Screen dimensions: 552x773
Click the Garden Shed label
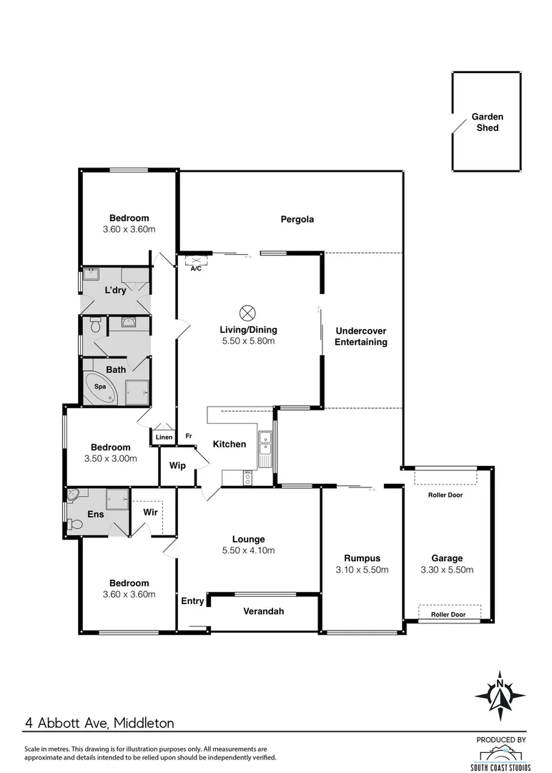(x=487, y=122)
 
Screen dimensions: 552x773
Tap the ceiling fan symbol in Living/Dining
(x=247, y=313)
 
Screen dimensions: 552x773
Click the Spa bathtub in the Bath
(x=101, y=387)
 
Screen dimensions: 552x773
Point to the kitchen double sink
(x=265, y=442)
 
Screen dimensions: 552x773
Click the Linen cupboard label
(x=164, y=437)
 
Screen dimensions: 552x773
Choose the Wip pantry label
(x=177, y=465)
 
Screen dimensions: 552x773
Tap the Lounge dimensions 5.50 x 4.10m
(x=248, y=550)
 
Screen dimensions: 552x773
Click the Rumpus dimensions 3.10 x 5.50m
(x=362, y=570)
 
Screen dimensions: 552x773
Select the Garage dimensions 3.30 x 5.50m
(x=447, y=570)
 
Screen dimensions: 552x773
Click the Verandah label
(x=263, y=611)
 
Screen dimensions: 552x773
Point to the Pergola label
(x=297, y=220)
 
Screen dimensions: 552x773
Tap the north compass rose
(x=500, y=696)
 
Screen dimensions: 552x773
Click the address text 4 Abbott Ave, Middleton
(x=99, y=723)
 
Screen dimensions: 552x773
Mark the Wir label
(x=150, y=512)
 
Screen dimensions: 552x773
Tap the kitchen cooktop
(x=247, y=477)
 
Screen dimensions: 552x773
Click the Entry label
(x=192, y=601)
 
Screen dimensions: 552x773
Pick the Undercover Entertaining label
(x=361, y=336)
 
